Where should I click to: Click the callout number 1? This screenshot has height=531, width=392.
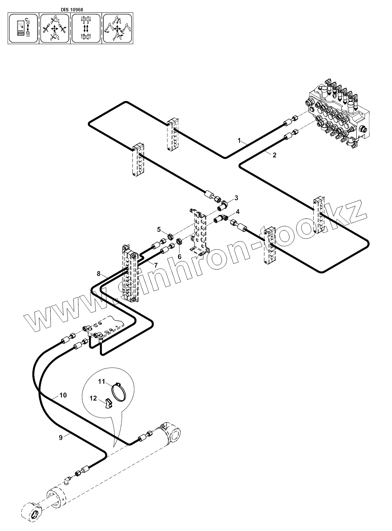(x=239, y=140)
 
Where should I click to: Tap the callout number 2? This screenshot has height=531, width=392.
(x=274, y=155)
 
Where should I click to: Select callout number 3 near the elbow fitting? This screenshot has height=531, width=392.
(x=236, y=198)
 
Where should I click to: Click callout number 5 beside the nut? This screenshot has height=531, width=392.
(x=159, y=229)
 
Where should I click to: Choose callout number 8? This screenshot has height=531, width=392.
(x=99, y=273)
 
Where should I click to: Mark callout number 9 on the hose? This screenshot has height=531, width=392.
(x=61, y=437)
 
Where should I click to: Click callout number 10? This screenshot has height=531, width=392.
(x=63, y=395)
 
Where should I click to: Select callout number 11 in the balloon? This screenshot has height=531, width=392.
(x=101, y=381)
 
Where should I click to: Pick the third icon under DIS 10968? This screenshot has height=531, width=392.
(x=86, y=29)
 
